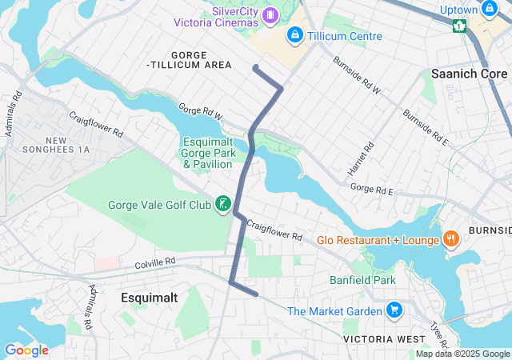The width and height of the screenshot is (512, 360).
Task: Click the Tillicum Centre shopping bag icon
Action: pyautogui.click(x=295, y=35)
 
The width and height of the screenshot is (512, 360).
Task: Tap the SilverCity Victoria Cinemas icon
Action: pyautogui.click(x=271, y=14)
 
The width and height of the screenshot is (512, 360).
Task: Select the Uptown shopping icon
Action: pyautogui.click(x=488, y=10)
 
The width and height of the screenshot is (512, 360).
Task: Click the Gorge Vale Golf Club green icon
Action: pyautogui.click(x=222, y=204)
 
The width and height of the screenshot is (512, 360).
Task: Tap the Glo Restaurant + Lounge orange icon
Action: pyautogui.click(x=451, y=239)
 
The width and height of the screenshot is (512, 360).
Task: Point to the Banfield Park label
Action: pyautogui.click(x=362, y=280)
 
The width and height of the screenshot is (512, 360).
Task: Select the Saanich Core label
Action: pyautogui.click(x=469, y=73)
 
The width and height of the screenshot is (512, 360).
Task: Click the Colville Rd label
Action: pyautogui.click(x=154, y=262)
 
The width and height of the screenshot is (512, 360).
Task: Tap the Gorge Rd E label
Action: pyautogui.click(x=373, y=190)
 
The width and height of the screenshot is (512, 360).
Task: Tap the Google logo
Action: pyautogui.click(x=26, y=350)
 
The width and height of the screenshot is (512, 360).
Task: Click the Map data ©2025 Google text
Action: pyautogui.click(x=462, y=354)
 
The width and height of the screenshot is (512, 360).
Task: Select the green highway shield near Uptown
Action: pyautogui.click(x=459, y=26)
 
